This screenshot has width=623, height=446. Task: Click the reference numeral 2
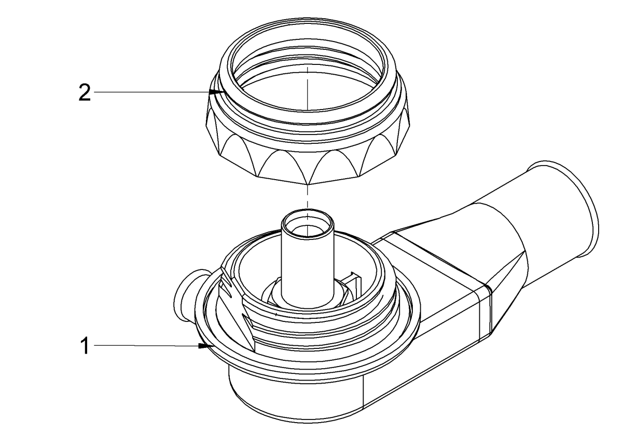pos(84,93)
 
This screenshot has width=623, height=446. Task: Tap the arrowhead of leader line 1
pos(203,345)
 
